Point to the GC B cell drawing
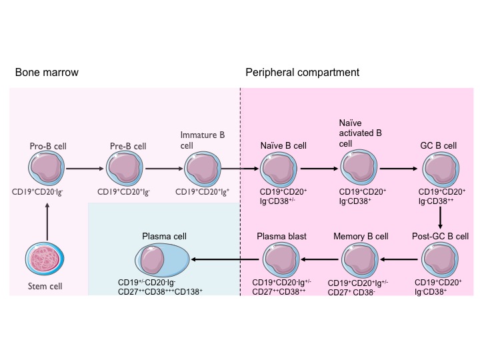(x=440, y=169)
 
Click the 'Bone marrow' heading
(x=41, y=72)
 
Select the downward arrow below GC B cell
(x=440, y=217)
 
